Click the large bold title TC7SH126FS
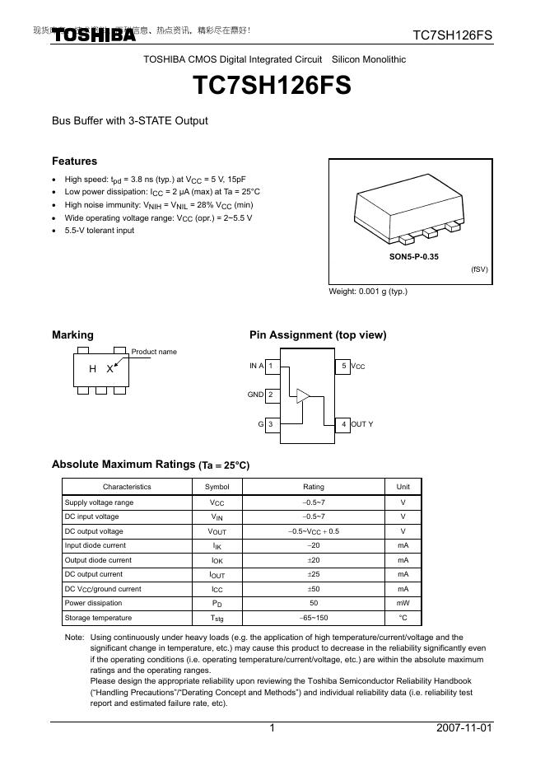coord(272,86)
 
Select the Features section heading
coord(74,161)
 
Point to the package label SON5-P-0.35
coord(414,257)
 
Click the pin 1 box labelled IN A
coord(271,366)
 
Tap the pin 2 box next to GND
coord(271,395)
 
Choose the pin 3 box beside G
coord(271,424)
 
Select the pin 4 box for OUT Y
coord(344,424)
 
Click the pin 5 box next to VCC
coord(344,366)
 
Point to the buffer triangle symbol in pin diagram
coord(303,396)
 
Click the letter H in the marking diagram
coord(93,370)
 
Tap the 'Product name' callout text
coord(154,352)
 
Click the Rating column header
coord(314,487)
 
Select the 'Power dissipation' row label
coord(93,603)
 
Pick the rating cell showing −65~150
coord(314,618)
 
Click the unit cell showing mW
coord(403,603)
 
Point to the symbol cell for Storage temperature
coord(217,618)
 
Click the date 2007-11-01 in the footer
coord(464,730)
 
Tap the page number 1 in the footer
coord(272,730)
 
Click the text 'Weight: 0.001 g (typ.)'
coord(368,292)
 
